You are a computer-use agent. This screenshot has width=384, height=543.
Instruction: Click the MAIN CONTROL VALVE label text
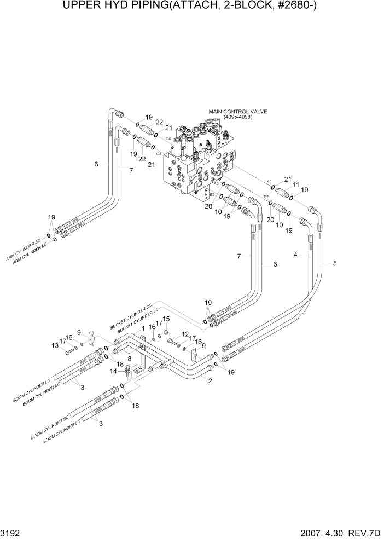pos(237,112)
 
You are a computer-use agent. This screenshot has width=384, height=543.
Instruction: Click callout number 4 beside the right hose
pos(295,255)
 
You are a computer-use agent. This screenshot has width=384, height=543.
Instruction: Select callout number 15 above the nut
pos(166,319)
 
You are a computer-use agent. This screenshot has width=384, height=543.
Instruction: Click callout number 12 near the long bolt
pos(185,334)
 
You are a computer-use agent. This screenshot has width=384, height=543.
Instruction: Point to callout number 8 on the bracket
pos(129,359)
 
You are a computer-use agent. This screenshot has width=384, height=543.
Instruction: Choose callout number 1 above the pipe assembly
pos(143,328)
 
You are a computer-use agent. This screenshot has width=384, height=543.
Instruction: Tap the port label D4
pos(168,138)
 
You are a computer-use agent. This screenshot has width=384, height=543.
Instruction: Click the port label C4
pos(159,154)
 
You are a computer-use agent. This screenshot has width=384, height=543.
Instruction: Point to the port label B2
pos(266,197)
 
